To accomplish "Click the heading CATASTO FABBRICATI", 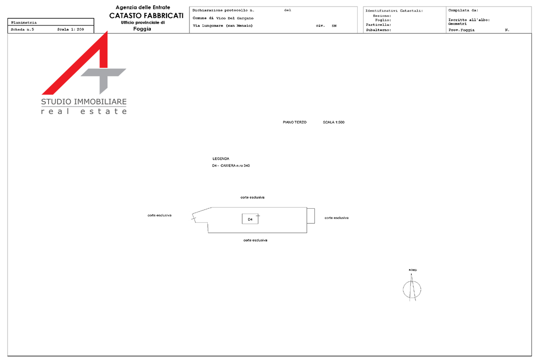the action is click(x=147, y=16).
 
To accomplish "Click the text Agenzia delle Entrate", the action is click(x=143, y=7).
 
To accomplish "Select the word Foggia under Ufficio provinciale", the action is click(x=142, y=29).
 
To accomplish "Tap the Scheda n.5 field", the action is click(x=23, y=30).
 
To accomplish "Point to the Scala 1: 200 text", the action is click(x=71, y=30).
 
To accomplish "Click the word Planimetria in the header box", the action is click(x=24, y=23).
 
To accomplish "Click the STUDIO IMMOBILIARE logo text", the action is click(x=84, y=102).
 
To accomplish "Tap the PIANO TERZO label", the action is click(x=295, y=123).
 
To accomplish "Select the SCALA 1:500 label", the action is click(x=334, y=123).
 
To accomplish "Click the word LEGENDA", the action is click(x=221, y=159).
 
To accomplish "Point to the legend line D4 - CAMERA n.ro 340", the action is click(x=231, y=166).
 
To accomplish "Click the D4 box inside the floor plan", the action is click(x=250, y=219).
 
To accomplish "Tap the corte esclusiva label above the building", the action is click(x=253, y=197).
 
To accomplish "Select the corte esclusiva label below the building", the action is click(x=255, y=240).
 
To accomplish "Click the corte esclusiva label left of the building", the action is click(x=159, y=215).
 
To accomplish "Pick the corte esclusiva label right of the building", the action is click(x=336, y=218).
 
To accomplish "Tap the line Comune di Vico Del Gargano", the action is click(x=223, y=18).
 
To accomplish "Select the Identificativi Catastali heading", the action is click(x=394, y=11).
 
